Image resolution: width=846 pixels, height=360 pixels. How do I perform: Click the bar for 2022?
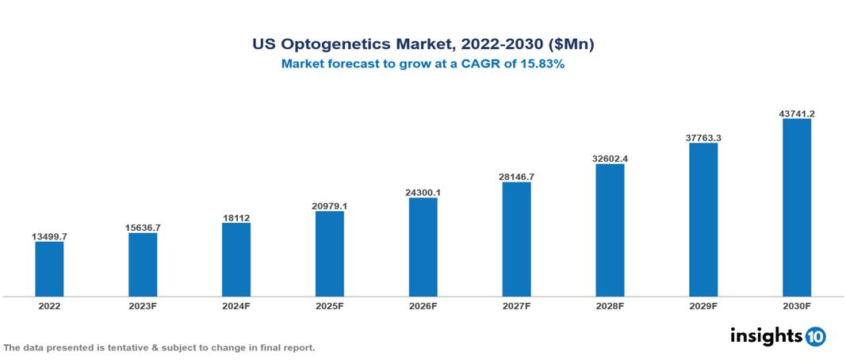(x=49, y=269)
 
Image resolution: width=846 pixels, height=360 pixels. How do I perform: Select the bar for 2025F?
(x=329, y=254)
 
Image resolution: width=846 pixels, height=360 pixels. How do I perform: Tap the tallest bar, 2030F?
(x=796, y=208)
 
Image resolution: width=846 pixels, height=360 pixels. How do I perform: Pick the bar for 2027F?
(x=516, y=239)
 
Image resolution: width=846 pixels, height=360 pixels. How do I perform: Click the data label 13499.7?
(x=49, y=236)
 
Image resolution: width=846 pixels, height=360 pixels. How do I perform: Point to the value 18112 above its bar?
(x=236, y=216)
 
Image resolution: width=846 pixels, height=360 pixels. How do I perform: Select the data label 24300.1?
(x=423, y=192)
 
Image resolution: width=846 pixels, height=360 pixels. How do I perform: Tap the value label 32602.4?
(x=610, y=159)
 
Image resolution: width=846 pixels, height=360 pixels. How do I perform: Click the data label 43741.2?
(x=796, y=113)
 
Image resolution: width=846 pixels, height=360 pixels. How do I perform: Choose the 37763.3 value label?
(x=703, y=137)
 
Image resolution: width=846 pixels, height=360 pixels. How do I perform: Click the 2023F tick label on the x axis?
(x=143, y=305)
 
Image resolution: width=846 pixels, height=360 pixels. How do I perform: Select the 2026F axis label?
(x=423, y=305)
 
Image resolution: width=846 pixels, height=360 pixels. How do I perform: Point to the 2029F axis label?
(x=703, y=305)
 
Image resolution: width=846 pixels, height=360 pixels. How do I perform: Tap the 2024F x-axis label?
(x=236, y=305)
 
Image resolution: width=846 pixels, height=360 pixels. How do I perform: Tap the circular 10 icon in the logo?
(x=815, y=337)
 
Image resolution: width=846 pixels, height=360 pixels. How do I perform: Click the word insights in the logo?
(x=766, y=335)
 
